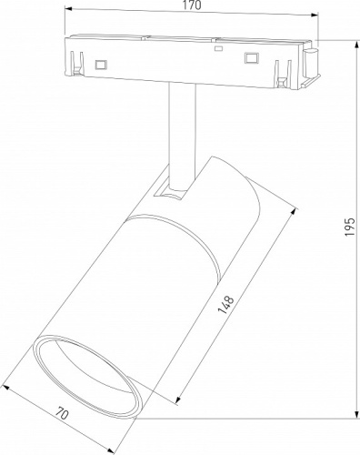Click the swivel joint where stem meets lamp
[x=174, y=188]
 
